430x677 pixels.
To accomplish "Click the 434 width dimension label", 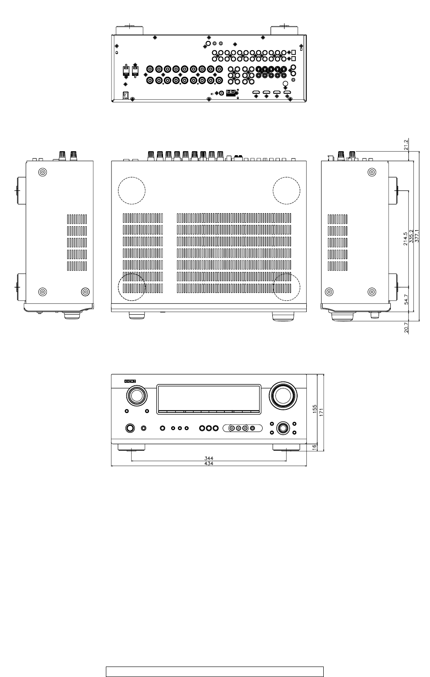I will (209, 463).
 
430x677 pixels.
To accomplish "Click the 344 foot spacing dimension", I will (209, 459).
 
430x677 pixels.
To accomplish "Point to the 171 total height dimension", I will (321, 412).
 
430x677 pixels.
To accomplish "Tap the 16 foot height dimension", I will (315, 447).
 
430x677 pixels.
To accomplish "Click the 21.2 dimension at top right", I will (406, 145).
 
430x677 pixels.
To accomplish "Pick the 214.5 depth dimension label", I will (406, 238).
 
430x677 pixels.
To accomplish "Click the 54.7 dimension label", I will (406, 301).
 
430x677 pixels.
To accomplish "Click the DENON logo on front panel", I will (130, 381).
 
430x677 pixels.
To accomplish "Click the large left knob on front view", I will (136, 396).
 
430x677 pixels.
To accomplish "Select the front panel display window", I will (208, 398).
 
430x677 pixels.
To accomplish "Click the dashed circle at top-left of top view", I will (132, 190).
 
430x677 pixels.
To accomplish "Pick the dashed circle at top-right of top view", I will (286, 190).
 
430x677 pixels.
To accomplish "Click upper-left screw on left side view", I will (42, 172).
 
